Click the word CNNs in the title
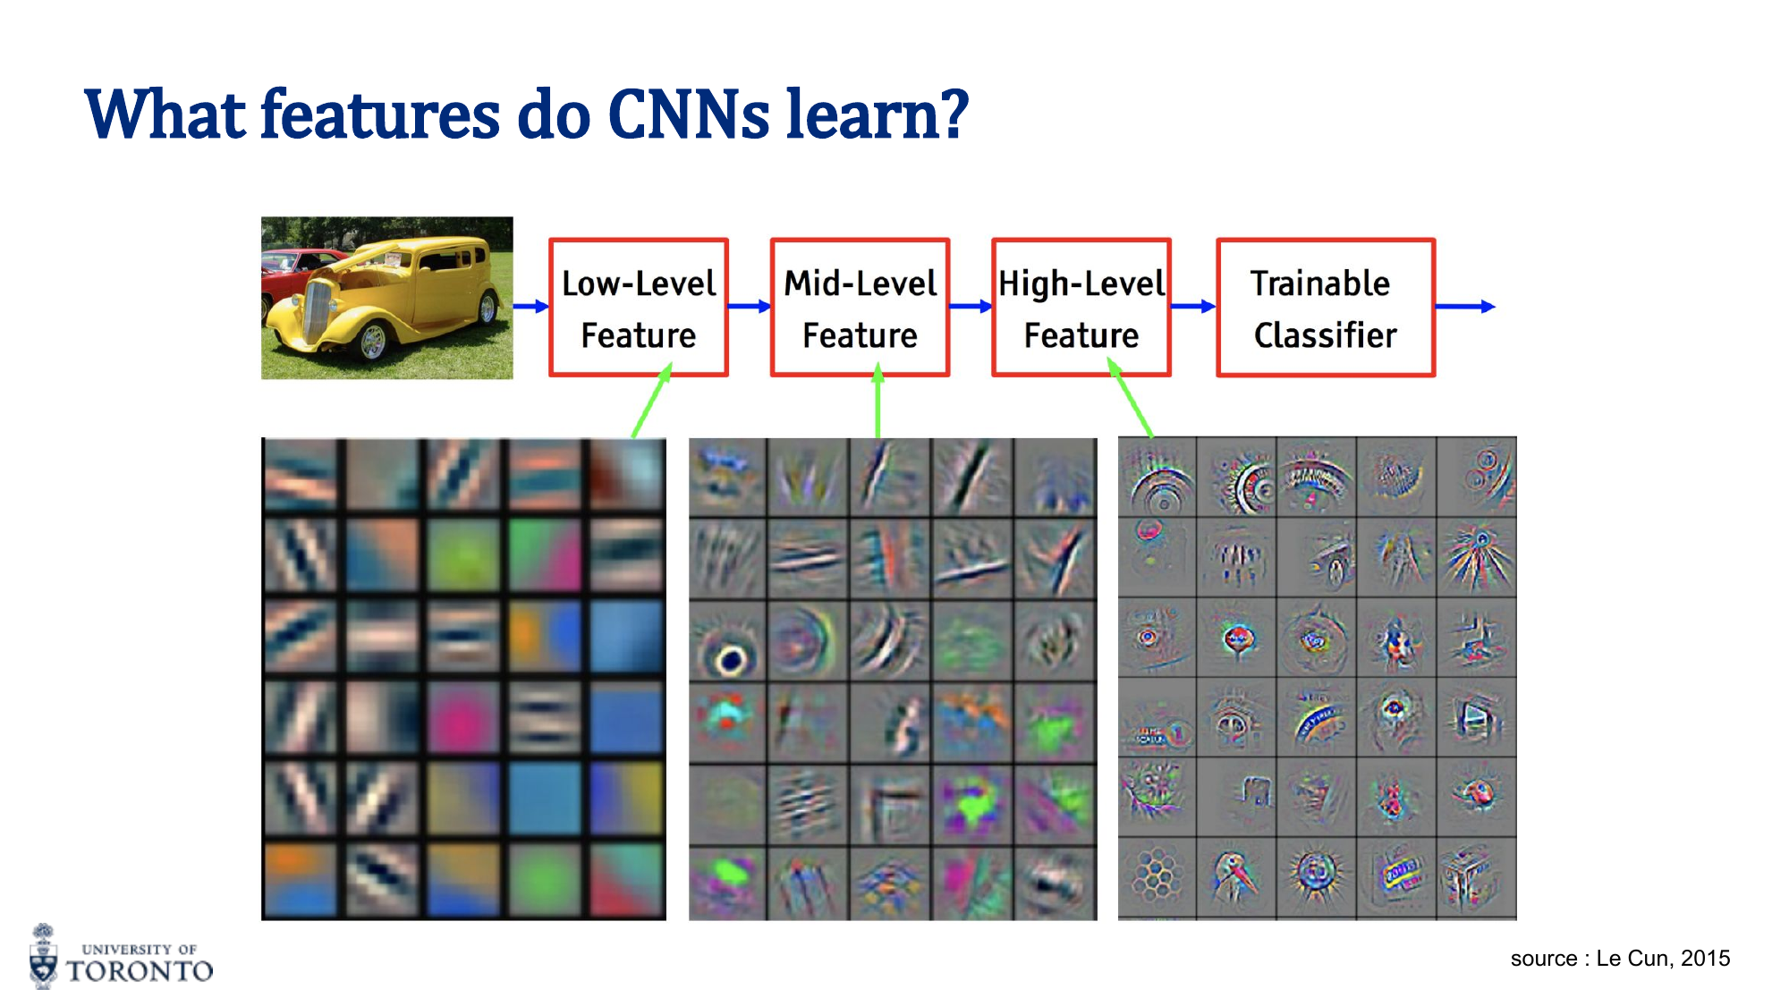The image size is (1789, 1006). (688, 115)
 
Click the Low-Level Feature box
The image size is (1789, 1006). (639, 308)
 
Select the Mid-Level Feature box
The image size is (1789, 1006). (860, 308)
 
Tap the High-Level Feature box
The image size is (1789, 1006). (1081, 308)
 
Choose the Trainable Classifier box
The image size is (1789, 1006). (1325, 308)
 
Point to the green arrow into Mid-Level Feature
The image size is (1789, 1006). (878, 402)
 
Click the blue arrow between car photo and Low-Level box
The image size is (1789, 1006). (530, 307)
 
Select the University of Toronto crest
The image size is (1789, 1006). (43, 957)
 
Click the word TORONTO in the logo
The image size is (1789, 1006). (140, 971)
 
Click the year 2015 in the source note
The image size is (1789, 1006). (1705, 959)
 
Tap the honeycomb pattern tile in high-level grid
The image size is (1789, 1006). (1156, 875)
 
